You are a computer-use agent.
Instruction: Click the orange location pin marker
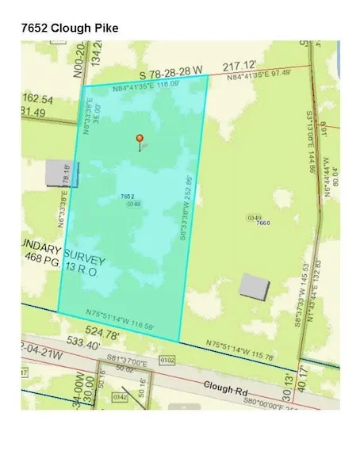pos(140,141)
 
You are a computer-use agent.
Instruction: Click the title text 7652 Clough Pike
pos(69,27)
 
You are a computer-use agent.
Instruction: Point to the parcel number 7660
pos(264,223)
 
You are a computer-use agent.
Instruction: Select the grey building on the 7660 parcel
pos(253,285)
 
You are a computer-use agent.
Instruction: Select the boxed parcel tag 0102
pos(167,360)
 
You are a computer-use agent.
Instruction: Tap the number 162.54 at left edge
pos(37,99)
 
